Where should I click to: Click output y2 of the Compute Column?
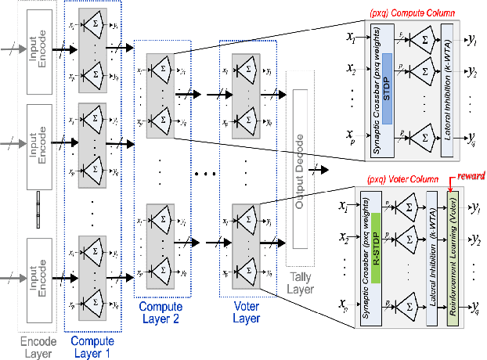tap(471, 74)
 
